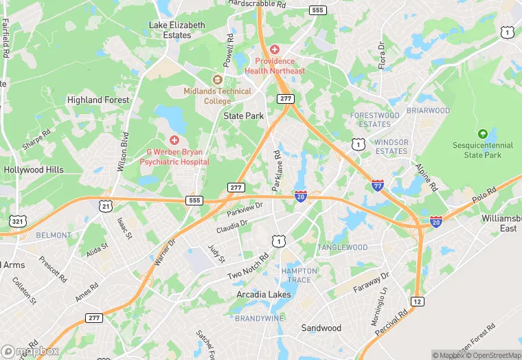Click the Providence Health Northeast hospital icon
tap(275, 50)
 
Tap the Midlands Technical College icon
tap(217, 80)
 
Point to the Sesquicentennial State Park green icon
tap(482, 133)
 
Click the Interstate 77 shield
tap(377, 185)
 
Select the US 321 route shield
tap(18, 221)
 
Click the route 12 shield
tap(417, 301)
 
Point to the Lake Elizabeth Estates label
tap(177, 30)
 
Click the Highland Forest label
tap(98, 100)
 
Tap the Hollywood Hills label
tap(34, 170)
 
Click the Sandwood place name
tap(321, 328)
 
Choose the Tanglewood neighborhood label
tap(342, 247)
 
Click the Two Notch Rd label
tap(248, 266)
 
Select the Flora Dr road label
tap(381, 56)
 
